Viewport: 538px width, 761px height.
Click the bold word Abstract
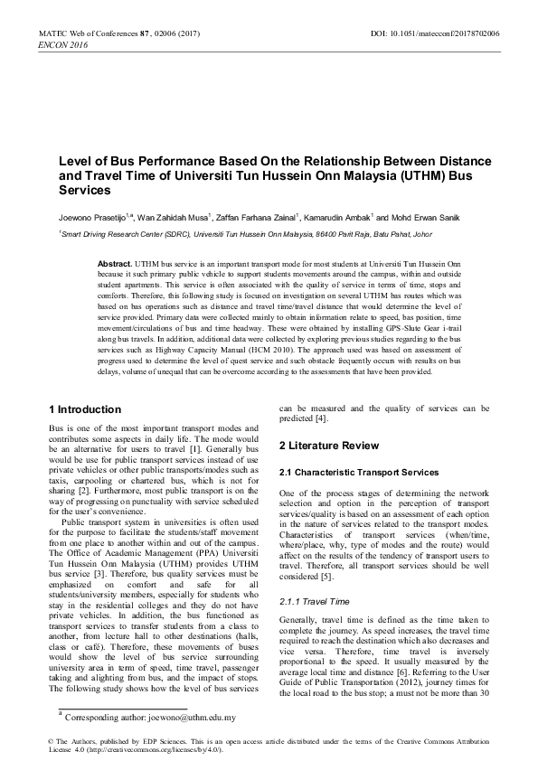click(x=115, y=260)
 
